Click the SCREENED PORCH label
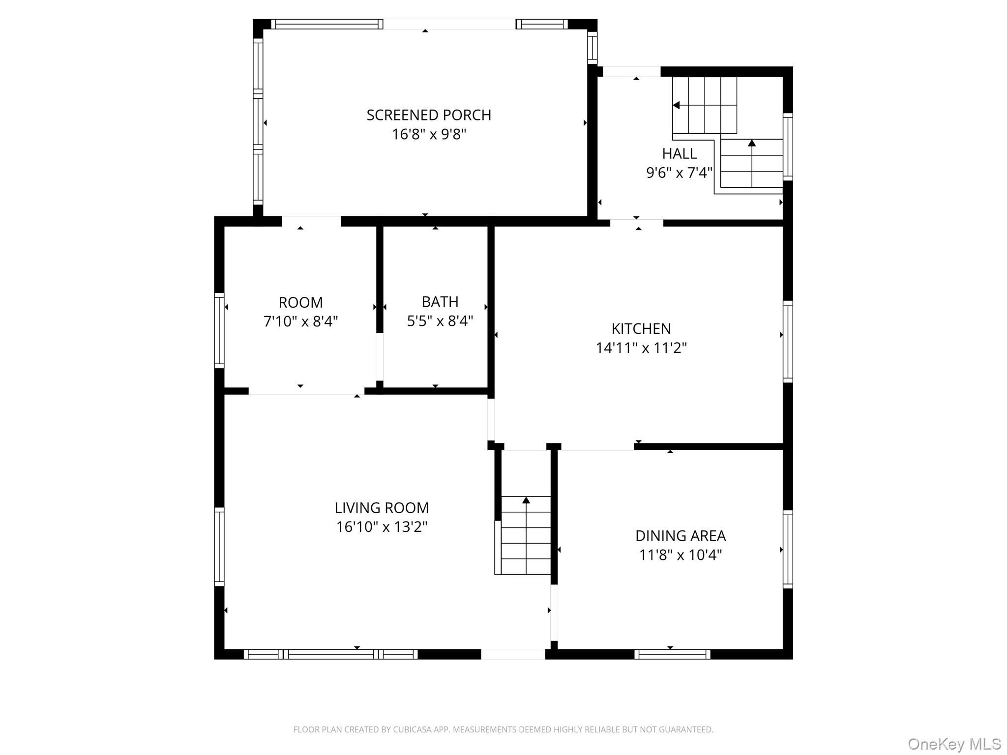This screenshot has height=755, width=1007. coord(429,115)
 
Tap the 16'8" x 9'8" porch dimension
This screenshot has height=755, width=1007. coord(429,134)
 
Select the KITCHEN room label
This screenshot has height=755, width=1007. coord(641,328)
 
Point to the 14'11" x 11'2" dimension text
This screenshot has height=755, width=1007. coord(641,348)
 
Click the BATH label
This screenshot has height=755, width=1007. coord(440,301)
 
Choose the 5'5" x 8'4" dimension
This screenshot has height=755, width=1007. coord(440,321)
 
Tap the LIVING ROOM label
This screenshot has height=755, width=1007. coord(382,507)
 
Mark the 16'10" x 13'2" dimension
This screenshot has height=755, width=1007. coord(382,527)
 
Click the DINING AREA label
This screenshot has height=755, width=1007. coord(680,535)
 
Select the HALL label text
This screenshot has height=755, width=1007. coord(679,153)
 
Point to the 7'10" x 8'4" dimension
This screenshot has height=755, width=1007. coord(300,321)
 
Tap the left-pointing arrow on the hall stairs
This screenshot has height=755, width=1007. coord(677,105)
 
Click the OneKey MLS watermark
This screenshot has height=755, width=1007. coord(954,744)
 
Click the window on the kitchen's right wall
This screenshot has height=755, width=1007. coord(788,342)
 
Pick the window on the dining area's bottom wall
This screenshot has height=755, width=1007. coord(672,654)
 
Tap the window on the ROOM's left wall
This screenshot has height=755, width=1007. coord(219,330)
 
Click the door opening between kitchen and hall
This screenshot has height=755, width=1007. coord(636,223)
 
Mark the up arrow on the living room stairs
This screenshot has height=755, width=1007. coord(526,500)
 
